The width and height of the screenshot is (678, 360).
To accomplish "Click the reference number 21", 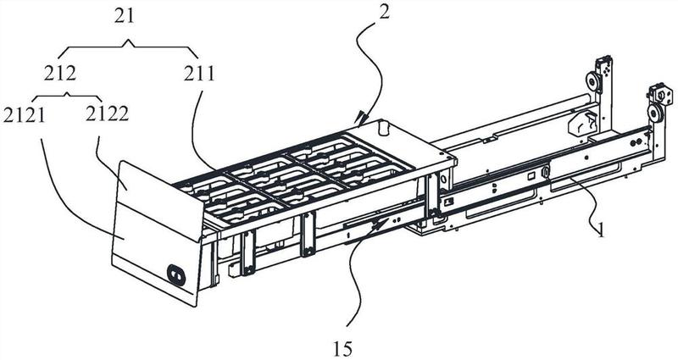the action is tap(125, 17).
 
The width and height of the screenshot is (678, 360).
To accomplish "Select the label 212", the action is tap(59, 74).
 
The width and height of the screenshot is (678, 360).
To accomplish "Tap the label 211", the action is tap(199, 74).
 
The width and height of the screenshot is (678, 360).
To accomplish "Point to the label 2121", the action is tap(24, 115).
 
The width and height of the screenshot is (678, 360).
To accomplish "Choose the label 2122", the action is tap(107, 114).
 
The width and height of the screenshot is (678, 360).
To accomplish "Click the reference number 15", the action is tap(343, 348).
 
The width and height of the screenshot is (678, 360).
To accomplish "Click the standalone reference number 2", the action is tap(385, 12).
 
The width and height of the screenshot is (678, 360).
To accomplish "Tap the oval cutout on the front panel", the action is tap(176, 274).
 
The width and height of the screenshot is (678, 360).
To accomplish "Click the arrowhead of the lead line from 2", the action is tap(358, 118).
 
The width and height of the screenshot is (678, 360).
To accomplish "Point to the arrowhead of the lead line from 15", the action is tap(382, 222).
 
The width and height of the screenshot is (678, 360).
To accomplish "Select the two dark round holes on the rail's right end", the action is tap(635, 142).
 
